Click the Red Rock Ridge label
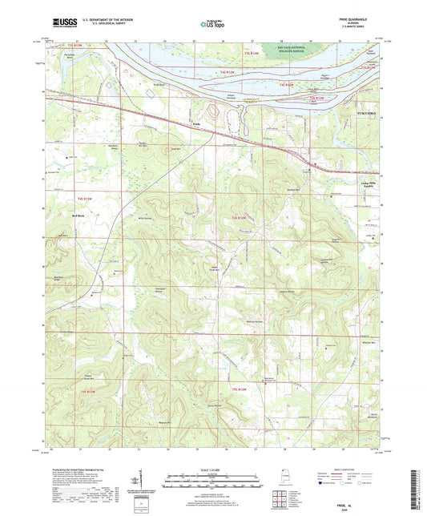[x=58, y=278]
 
